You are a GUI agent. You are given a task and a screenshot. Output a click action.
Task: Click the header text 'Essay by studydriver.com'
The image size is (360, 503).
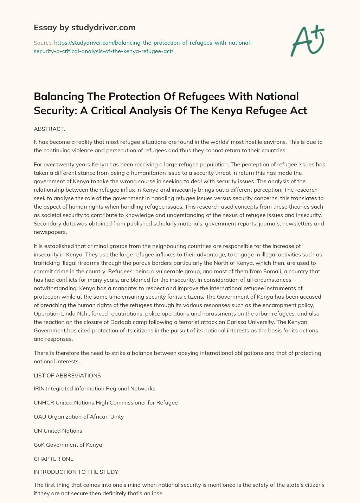point(84,27)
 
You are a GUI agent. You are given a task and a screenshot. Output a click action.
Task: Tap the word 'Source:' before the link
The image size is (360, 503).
point(43,43)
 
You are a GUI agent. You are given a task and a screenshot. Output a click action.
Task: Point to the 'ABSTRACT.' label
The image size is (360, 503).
point(49,129)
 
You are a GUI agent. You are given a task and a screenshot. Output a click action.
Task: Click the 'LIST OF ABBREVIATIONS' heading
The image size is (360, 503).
point(67,375)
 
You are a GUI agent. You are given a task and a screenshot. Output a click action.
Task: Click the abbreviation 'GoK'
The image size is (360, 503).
point(39,445)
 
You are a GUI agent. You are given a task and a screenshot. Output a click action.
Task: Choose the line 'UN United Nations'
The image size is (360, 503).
point(58,431)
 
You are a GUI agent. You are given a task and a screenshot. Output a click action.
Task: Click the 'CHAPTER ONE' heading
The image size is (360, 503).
point(53,459)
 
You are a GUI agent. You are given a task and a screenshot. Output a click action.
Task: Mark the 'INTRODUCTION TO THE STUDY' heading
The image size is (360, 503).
point(76,472)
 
